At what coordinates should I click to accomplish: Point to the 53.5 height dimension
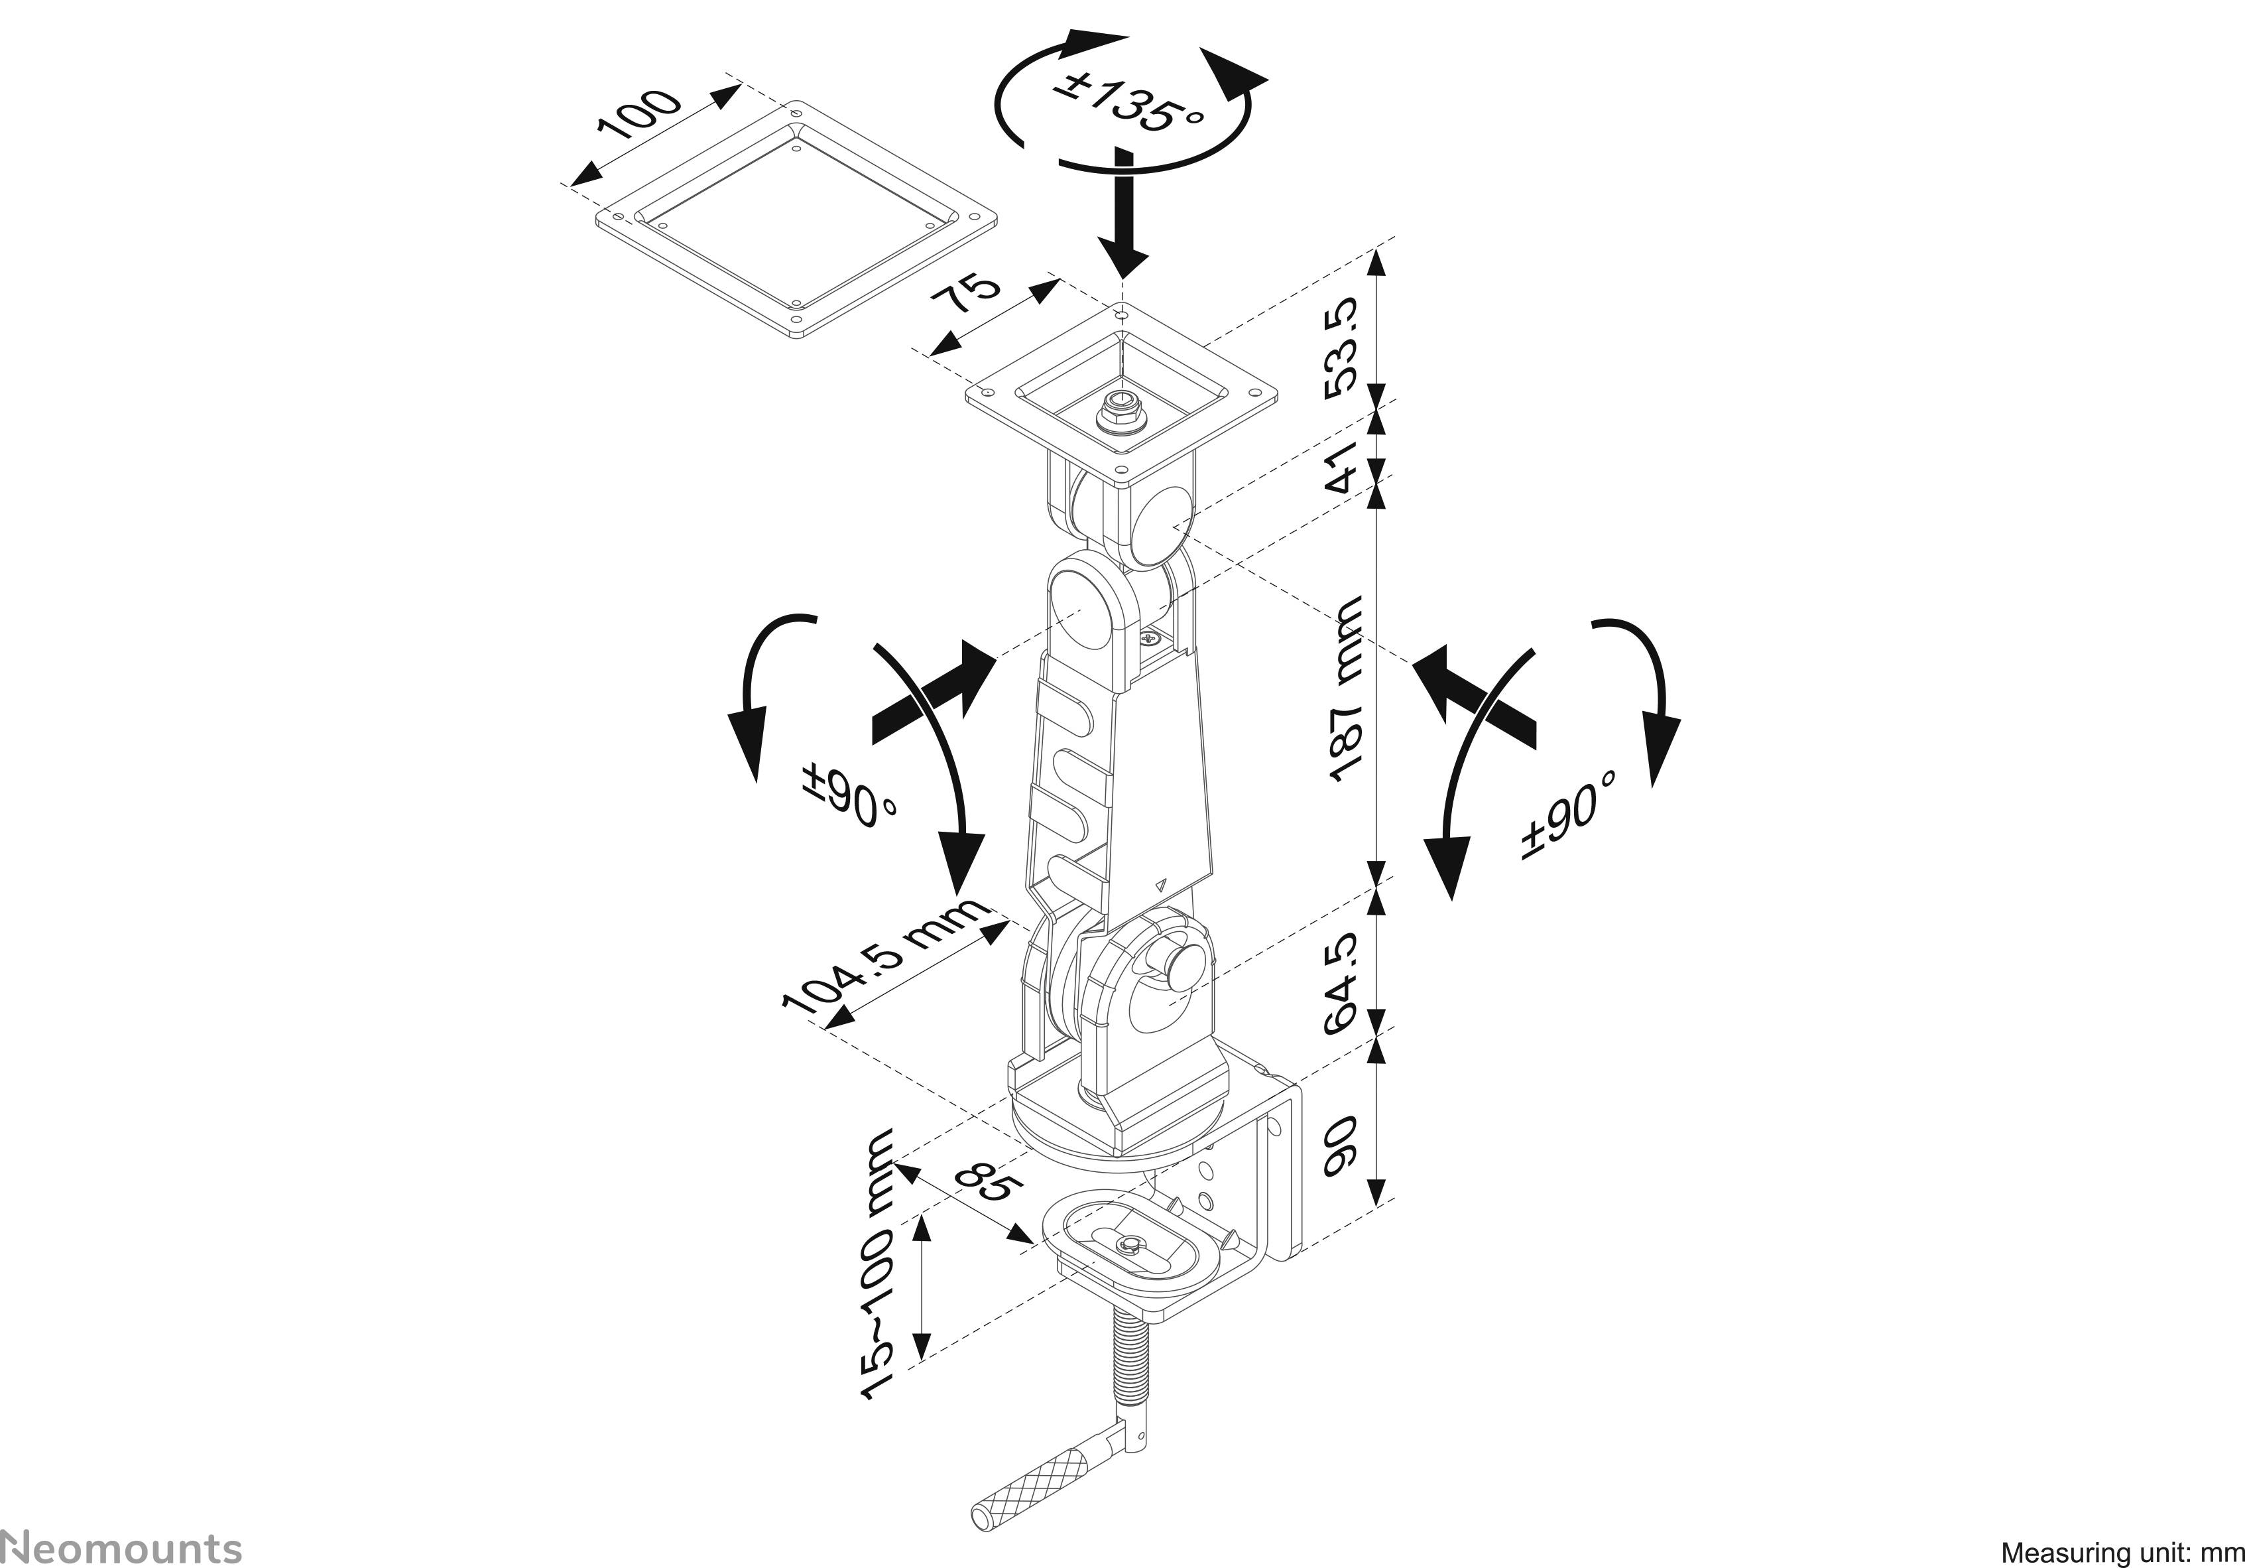(1341, 344)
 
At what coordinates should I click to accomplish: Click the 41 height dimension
(1341, 468)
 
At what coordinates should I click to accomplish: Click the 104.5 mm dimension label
(885, 954)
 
